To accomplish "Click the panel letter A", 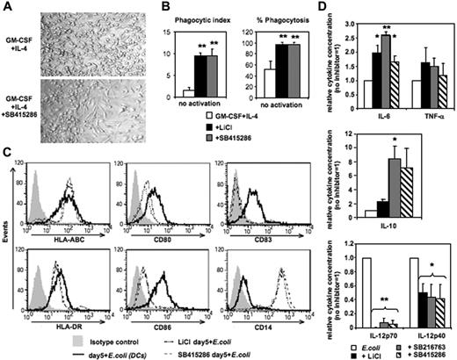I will (7, 7).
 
